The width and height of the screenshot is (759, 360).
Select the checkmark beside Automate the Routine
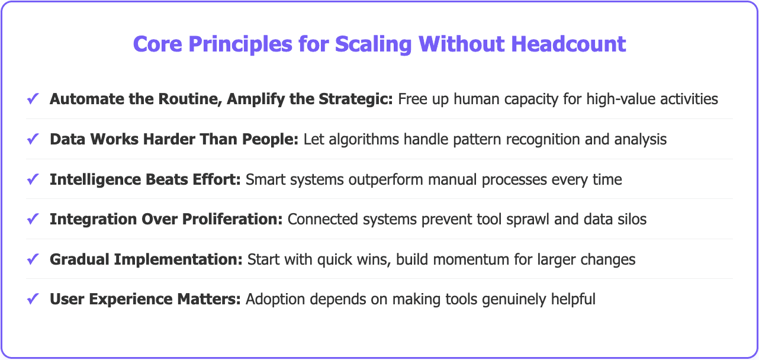point(33,99)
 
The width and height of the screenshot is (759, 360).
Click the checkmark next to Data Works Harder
point(33,139)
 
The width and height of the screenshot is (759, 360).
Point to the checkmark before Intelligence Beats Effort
point(33,179)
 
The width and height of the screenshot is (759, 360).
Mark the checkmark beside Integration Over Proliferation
point(33,219)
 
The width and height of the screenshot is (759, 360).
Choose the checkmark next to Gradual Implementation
point(33,259)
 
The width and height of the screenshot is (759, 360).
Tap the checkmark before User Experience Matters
point(33,300)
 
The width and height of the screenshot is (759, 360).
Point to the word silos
point(630,219)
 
